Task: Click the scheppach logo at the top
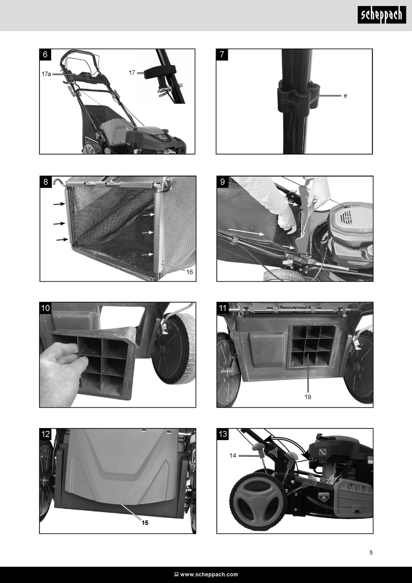click(x=382, y=15)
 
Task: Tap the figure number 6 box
click(x=45, y=55)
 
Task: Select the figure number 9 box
click(x=222, y=181)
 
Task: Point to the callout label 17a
click(x=46, y=74)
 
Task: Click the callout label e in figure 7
click(x=345, y=96)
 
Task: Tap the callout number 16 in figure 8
click(x=190, y=272)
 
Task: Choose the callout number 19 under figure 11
click(x=308, y=397)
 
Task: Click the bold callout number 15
click(x=145, y=523)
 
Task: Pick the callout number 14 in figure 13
click(x=232, y=455)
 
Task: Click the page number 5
click(x=371, y=552)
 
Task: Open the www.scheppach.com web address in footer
click(x=209, y=574)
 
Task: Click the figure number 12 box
click(x=45, y=434)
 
